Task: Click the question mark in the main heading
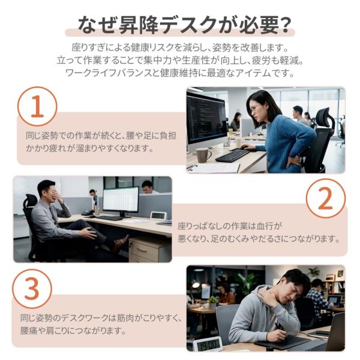(x=284, y=25)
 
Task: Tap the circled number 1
(x=37, y=106)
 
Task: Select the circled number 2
(x=326, y=199)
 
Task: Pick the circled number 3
(x=32, y=289)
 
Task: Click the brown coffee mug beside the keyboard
(x=203, y=155)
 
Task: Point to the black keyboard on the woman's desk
(x=232, y=155)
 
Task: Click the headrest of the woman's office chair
(x=324, y=118)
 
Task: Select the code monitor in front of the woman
(x=206, y=119)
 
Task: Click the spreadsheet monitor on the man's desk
(x=121, y=200)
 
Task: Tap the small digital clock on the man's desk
(x=158, y=215)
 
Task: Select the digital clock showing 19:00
(x=208, y=344)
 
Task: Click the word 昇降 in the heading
(x=138, y=25)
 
